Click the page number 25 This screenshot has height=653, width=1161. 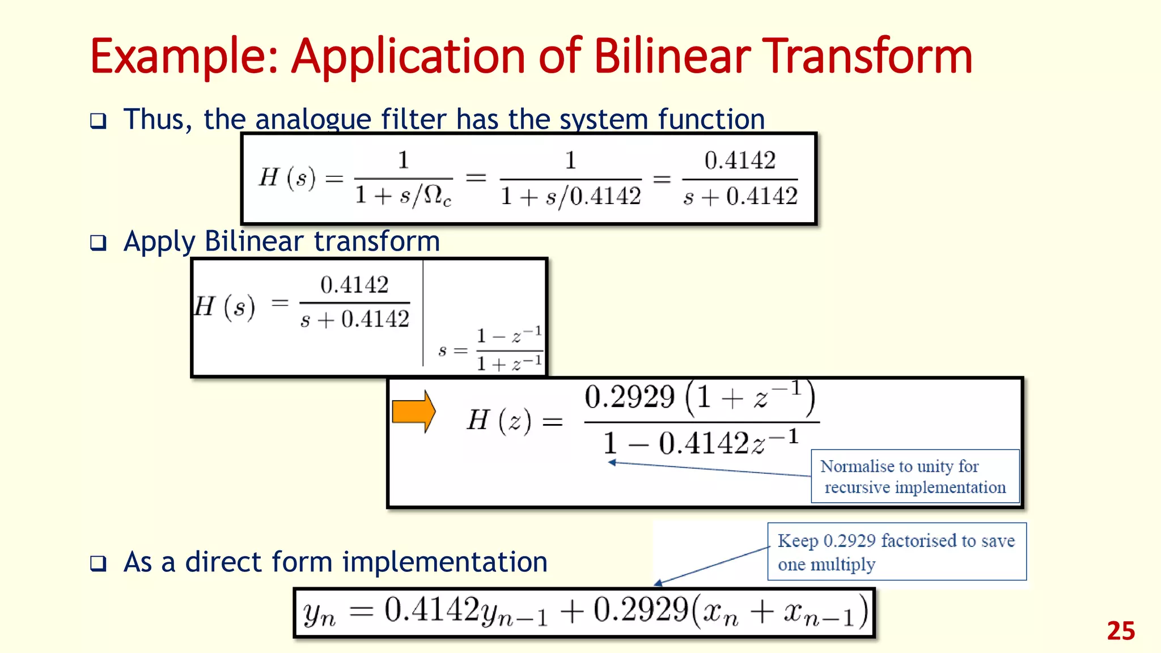[x=1120, y=631]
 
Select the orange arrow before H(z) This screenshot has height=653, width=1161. [x=414, y=412]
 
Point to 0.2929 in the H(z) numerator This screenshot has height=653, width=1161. [x=629, y=397]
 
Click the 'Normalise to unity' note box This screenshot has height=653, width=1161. [x=914, y=476]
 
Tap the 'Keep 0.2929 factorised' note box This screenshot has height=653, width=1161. [x=896, y=552]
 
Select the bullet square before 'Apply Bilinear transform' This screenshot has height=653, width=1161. [x=98, y=243]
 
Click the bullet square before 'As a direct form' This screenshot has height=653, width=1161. [x=98, y=563]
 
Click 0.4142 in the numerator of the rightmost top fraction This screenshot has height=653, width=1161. [x=740, y=160]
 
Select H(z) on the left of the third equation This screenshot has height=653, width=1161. [x=499, y=421]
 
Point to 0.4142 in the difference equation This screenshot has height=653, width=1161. [x=432, y=610]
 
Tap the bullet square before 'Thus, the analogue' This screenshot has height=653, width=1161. [x=98, y=121]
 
